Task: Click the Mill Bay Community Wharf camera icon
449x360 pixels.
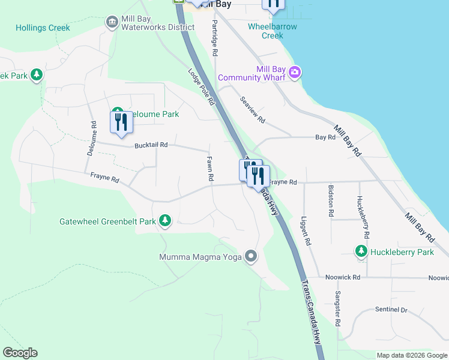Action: tap(294, 73)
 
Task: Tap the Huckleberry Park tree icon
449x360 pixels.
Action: tap(361, 251)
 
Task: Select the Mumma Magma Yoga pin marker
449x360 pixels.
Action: tap(251, 257)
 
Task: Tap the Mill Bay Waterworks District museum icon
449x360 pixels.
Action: tap(112, 22)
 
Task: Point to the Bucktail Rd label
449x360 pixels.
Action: tap(151, 145)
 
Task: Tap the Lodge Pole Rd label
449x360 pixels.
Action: tap(201, 87)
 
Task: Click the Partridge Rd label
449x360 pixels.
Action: tap(214, 37)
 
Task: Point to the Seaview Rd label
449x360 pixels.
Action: tap(252, 110)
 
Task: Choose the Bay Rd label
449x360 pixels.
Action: tap(325, 137)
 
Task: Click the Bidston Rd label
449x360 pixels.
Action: tap(331, 200)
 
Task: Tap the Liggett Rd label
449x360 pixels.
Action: tap(306, 230)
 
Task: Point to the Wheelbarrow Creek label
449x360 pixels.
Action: tap(273, 31)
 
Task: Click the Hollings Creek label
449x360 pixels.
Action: tap(43, 28)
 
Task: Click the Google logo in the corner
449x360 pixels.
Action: tap(20, 353)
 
